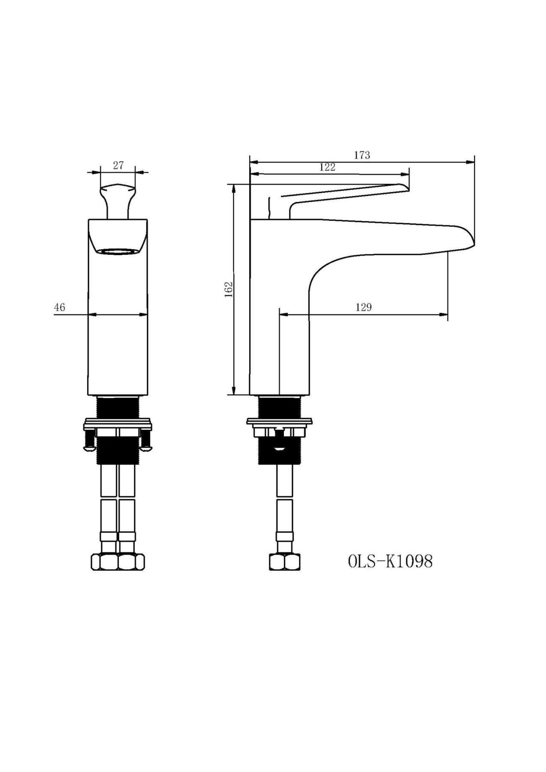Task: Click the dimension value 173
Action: pyautogui.click(x=362, y=155)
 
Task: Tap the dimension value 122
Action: pyautogui.click(x=327, y=167)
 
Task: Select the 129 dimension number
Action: pyautogui.click(x=364, y=307)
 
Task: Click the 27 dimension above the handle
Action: pyautogui.click(x=118, y=165)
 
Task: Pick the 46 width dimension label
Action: pyautogui.click(x=60, y=307)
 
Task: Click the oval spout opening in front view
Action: pyautogui.click(x=118, y=252)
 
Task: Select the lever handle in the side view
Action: pyautogui.click(x=335, y=198)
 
